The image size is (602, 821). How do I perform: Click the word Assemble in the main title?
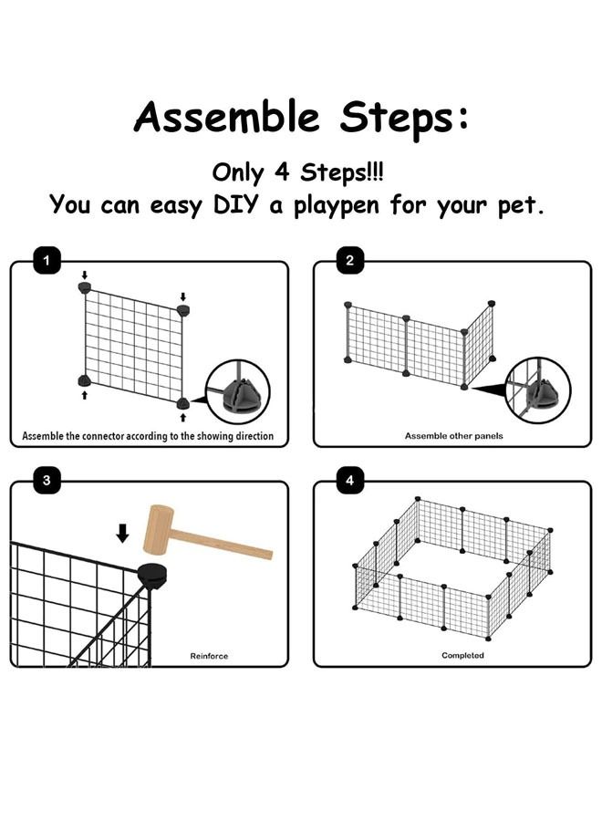click(228, 119)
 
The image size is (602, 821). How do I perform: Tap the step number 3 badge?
click(47, 480)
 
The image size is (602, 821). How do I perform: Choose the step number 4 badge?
click(350, 480)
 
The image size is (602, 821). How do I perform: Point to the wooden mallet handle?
click(228, 546)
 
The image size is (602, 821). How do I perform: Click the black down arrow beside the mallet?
click(123, 533)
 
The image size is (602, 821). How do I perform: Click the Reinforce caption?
click(209, 656)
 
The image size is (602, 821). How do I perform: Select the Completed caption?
click(462, 656)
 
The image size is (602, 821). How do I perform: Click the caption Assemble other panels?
click(453, 436)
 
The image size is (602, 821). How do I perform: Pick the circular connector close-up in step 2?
click(538, 393)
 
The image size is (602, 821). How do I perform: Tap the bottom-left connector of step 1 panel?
click(84, 379)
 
